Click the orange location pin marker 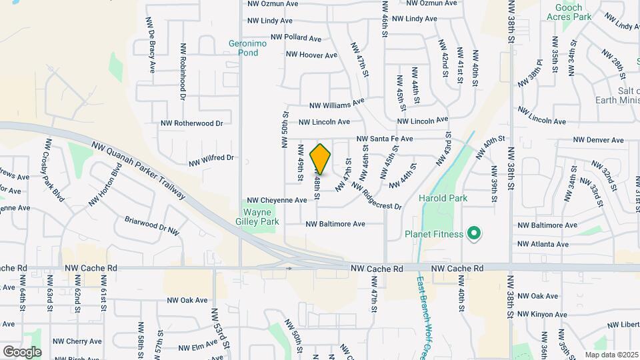point(321,159)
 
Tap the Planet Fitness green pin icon point(474,233)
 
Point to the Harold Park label point(443,198)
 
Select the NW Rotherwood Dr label point(191,123)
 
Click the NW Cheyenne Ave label point(277,200)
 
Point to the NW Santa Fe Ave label point(385,139)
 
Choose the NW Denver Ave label point(598,140)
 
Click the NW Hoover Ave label point(312,55)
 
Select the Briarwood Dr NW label point(152,225)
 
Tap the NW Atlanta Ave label point(543,244)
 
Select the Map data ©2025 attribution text point(610,355)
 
